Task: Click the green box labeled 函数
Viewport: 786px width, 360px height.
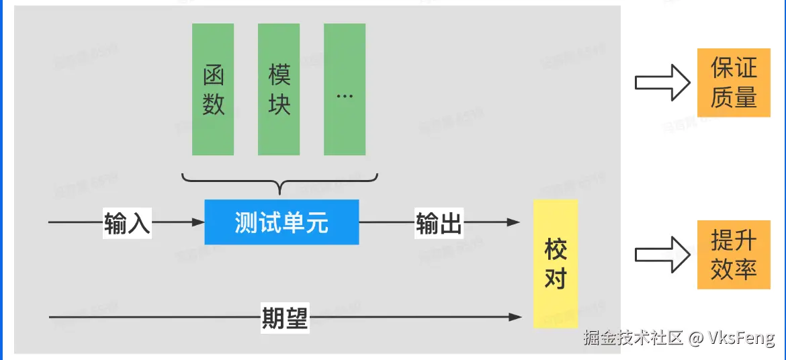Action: [213, 89]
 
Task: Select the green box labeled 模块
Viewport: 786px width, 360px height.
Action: [279, 89]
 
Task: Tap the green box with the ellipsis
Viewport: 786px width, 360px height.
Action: [345, 89]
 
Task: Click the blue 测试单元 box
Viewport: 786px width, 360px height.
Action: [281, 222]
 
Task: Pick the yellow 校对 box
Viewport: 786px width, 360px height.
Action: [556, 263]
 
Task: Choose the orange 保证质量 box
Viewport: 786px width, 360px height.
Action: [734, 83]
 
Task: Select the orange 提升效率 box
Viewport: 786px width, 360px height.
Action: [734, 255]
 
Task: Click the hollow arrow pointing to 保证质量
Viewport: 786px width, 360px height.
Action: [662, 83]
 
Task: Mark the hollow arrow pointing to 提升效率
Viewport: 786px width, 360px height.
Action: [662, 255]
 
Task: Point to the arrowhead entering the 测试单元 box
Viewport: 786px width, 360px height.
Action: [199, 222]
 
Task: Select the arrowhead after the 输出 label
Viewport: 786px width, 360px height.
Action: [515, 222]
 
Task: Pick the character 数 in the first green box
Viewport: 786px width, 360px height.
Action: [213, 104]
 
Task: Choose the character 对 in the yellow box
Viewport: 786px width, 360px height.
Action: [556, 277]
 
